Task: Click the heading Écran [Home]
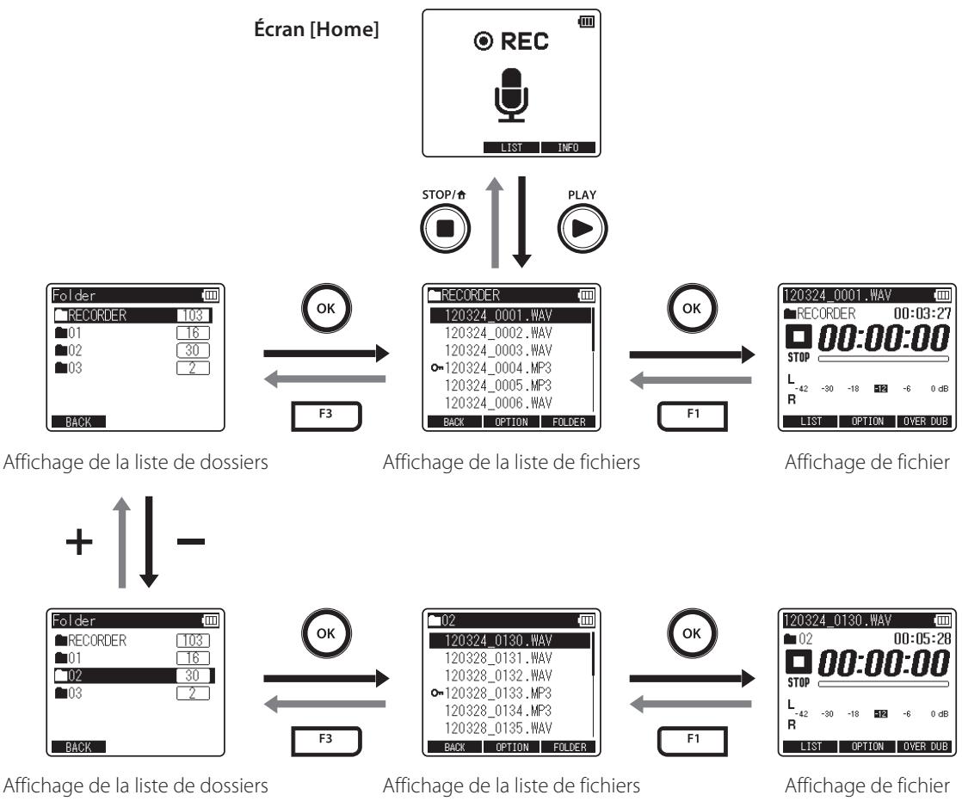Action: click(316, 29)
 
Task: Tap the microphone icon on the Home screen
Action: click(511, 95)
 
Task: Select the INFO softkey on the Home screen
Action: click(568, 147)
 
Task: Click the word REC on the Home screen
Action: click(525, 41)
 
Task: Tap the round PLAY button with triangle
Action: click(583, 228)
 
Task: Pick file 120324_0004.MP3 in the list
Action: click(497, 368)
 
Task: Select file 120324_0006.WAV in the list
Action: click(497, 403)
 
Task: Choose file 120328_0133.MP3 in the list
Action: click(497, 693)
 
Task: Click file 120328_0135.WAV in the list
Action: click(497, 728)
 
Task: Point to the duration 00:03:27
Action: click(922, 313)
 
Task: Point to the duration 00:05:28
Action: click(922, 638)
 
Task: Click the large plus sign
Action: click(79, 541)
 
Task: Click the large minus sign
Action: click(191, 541)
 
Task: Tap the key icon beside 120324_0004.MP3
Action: click(436, 368)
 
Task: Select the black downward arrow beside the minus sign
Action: click(149, 542)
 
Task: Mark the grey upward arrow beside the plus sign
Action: click(122, 542)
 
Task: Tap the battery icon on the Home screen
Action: click(587, 22)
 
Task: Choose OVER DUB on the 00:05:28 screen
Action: click(925, 747)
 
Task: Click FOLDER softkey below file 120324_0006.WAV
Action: click(569, 422)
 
